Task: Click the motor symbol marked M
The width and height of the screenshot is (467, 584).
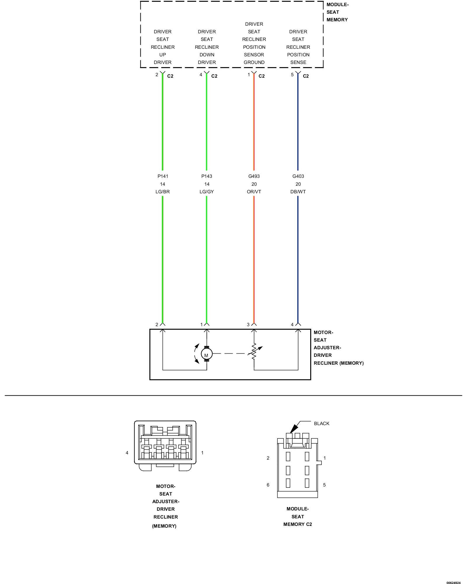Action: point(207,354)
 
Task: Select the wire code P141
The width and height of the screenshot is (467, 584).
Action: point(163,176)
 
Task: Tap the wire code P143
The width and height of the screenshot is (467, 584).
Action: point(207,176)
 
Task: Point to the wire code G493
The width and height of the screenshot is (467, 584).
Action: point(254,176)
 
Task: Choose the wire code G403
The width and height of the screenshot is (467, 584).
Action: point(298,176)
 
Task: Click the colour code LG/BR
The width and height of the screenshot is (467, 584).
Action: point(163,192)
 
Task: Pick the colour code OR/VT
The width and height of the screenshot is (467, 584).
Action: point(254,192)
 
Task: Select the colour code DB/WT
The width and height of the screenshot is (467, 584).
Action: point(298,192)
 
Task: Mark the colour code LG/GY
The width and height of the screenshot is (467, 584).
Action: point(207,192)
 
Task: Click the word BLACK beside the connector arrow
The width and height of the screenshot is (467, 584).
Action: point(322,423)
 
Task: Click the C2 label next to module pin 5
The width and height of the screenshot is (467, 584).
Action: point(306,76)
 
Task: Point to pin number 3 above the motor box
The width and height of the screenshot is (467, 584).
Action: point(248,324)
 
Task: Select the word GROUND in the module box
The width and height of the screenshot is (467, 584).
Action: point(254,62)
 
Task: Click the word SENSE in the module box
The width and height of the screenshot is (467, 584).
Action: point(298,62)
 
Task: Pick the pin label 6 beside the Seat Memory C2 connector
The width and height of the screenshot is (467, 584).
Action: point(268,485)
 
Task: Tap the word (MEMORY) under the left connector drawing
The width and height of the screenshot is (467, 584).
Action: point(164,526)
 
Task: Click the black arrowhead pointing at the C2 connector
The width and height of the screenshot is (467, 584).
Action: point(294,428)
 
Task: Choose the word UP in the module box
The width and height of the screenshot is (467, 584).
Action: point(163,55)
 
